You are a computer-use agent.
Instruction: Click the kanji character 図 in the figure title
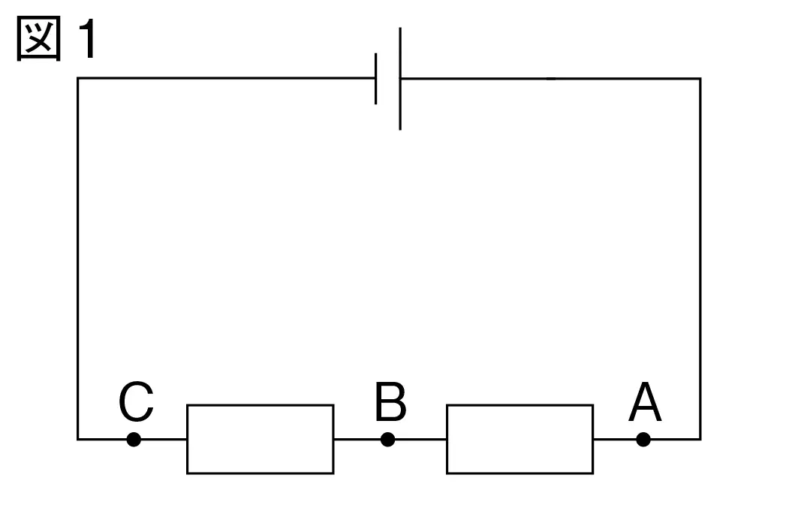click(x=39, y=38)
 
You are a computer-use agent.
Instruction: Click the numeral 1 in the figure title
click(x=89, y=38)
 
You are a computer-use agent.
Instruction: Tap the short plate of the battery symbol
click(x=375, y=78)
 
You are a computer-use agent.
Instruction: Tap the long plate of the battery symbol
click(x=400, y=78)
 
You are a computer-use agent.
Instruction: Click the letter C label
click(x=136, y=401)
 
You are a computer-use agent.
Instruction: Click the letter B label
click(x=390, y=401)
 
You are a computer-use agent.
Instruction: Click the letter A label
click(x=645, y=401)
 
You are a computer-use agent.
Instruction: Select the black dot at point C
click(x=134, y=439)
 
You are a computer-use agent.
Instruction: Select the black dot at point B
click(x=388, y=439)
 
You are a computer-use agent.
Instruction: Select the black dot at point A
click(x=643, y=439)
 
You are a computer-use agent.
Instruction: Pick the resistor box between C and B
click(x=260, y=405)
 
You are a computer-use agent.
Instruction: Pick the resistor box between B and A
click(x=519, y=405)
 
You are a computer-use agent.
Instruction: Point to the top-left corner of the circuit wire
click(x=78, y=78)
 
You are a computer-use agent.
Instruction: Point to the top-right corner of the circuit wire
click(x=700, y=79)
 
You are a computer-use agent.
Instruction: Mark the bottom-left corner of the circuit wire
click(x=78, y=439)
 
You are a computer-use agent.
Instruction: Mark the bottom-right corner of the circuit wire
click(x=700, y=439)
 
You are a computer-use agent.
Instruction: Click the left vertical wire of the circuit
click(x=78, y=259)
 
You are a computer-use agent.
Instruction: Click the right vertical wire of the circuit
click(x=700, y=259)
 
